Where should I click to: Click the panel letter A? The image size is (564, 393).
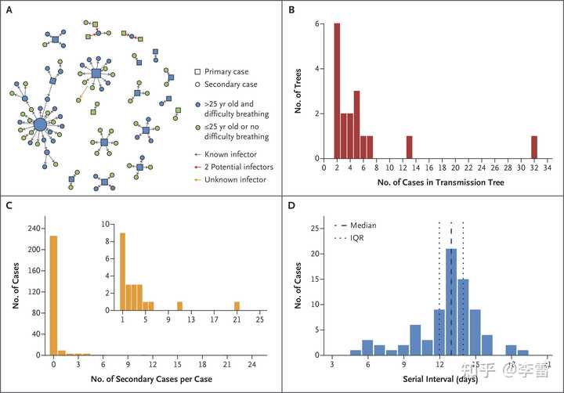[9, 10]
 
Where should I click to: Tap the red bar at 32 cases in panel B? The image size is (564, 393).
[533, 146]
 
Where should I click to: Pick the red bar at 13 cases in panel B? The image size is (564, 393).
[409, 146]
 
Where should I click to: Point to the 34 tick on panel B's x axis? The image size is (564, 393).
[547, 168]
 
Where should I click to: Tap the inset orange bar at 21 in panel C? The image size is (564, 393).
[237, 305]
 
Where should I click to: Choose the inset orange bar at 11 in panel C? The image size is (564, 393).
[179, 305]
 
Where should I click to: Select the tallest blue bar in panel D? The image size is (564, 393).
[451, 301]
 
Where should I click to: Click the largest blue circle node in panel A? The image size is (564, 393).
[41, 124]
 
